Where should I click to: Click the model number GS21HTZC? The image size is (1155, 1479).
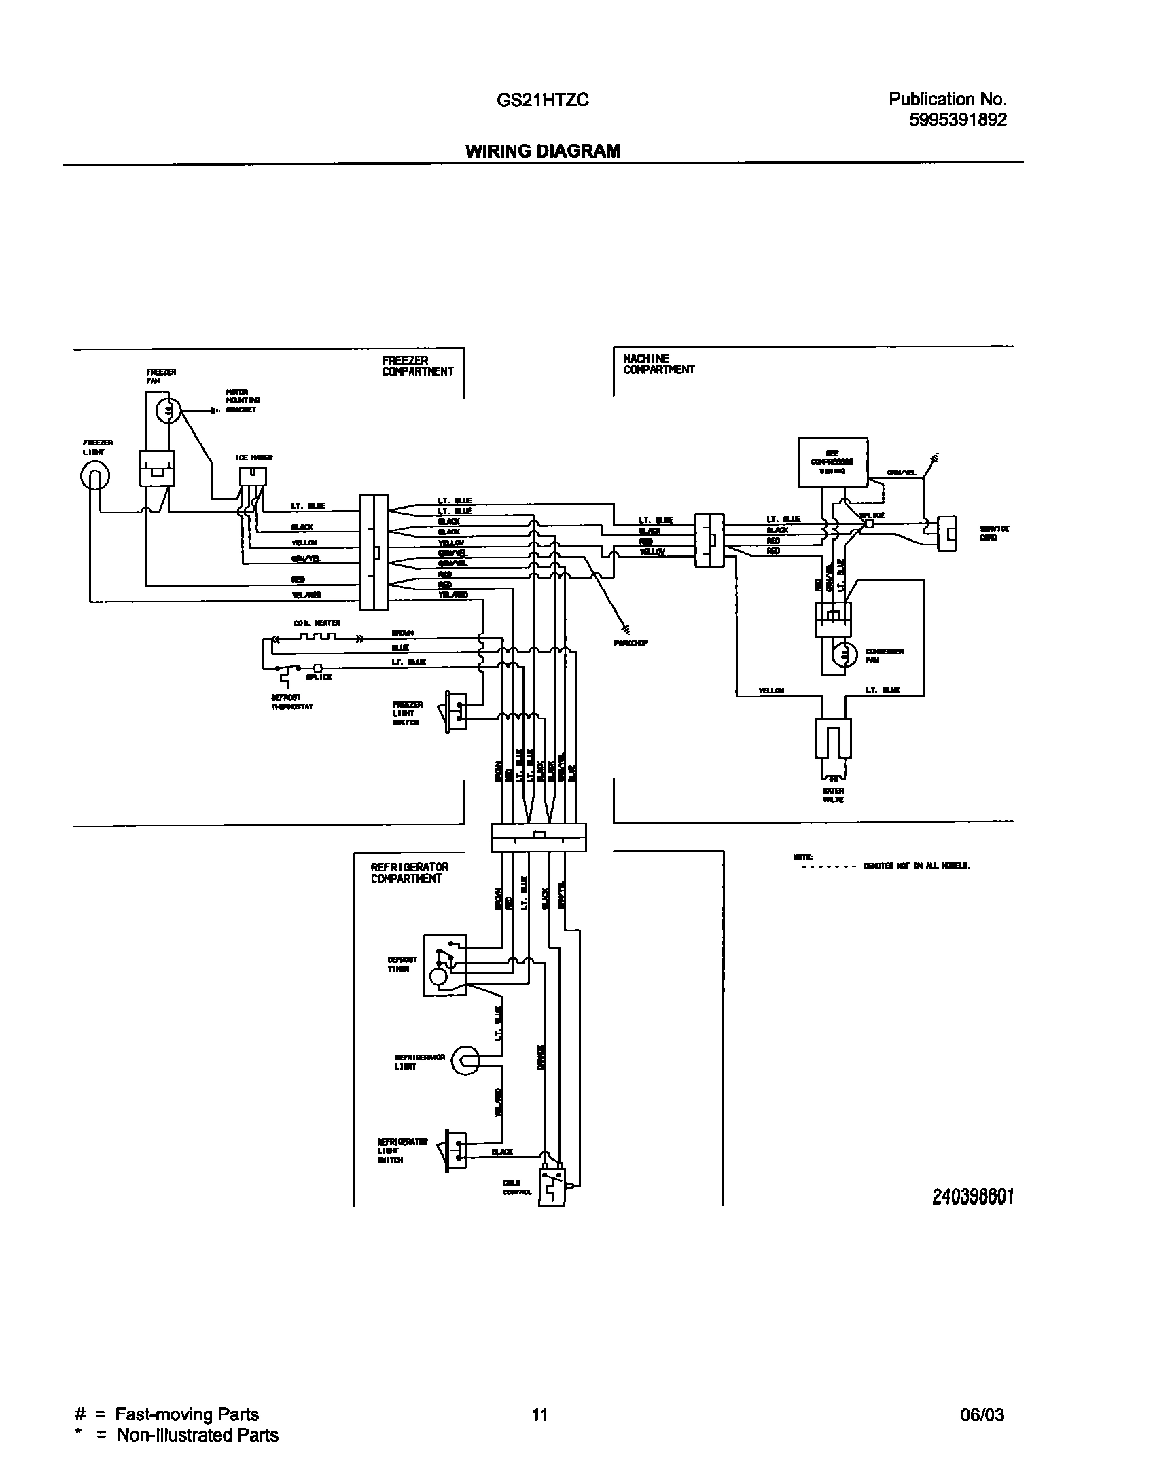point(542,101)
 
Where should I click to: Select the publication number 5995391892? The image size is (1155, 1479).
point(957,120)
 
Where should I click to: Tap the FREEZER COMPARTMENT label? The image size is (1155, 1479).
point(416,366)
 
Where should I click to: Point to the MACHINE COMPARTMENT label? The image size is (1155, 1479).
point(658,364)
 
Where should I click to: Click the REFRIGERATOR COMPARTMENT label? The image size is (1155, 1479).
point(409,873)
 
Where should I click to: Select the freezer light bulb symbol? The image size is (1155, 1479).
point(94,477)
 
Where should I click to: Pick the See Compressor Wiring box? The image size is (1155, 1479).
point(832,462)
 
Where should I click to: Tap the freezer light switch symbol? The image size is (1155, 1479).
point(456,712)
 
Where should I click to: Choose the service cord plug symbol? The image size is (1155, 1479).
point(946,534)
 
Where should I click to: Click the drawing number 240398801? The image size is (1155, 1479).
point(973,1197)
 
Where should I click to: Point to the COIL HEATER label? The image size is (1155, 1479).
point(317,623)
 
